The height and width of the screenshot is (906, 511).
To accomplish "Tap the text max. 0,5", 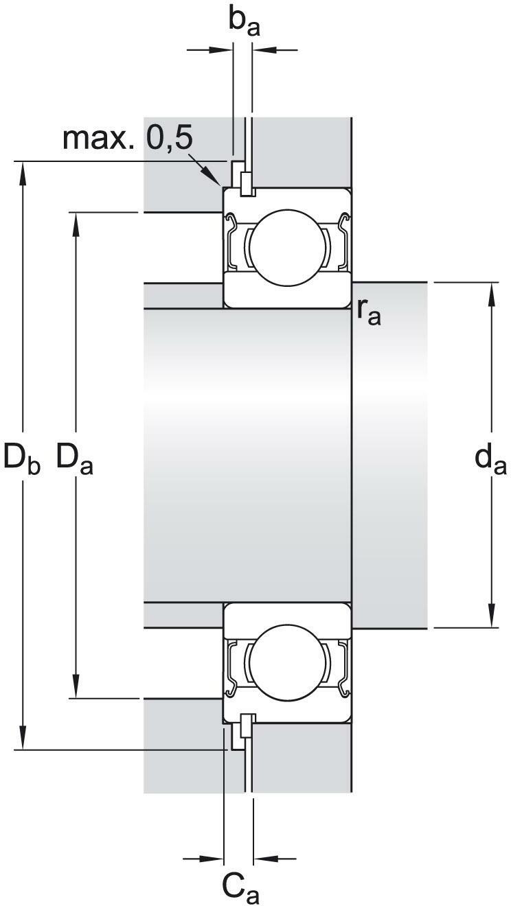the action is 128,139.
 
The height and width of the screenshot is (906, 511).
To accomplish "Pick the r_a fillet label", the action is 369,313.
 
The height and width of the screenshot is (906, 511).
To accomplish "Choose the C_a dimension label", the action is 240,887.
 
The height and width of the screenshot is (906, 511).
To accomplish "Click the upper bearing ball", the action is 288,248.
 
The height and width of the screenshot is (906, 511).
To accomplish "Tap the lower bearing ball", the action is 288,661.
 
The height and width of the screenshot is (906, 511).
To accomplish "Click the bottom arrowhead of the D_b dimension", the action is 23,737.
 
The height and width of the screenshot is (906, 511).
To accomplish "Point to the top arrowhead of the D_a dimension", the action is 76,224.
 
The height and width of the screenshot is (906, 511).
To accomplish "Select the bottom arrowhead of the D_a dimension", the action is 76,686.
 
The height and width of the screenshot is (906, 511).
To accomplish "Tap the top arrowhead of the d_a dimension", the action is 492,295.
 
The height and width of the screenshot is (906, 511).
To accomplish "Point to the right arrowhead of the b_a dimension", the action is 264,50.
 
